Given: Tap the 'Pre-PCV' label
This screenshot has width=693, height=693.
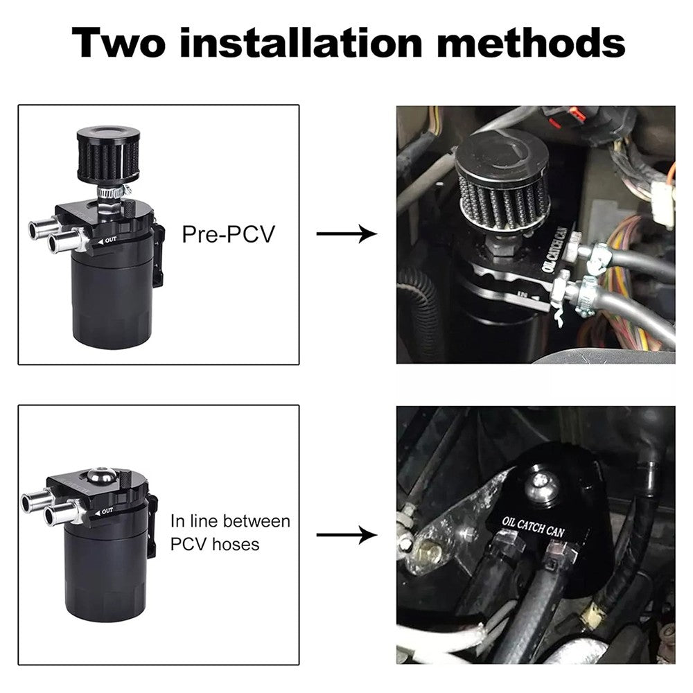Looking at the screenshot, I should point(228,234).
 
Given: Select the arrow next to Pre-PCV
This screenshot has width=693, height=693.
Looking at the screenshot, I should point(346,234).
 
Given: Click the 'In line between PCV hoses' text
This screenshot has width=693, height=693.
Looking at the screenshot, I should point(231,532).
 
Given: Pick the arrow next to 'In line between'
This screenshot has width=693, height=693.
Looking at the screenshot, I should point(346,535).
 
